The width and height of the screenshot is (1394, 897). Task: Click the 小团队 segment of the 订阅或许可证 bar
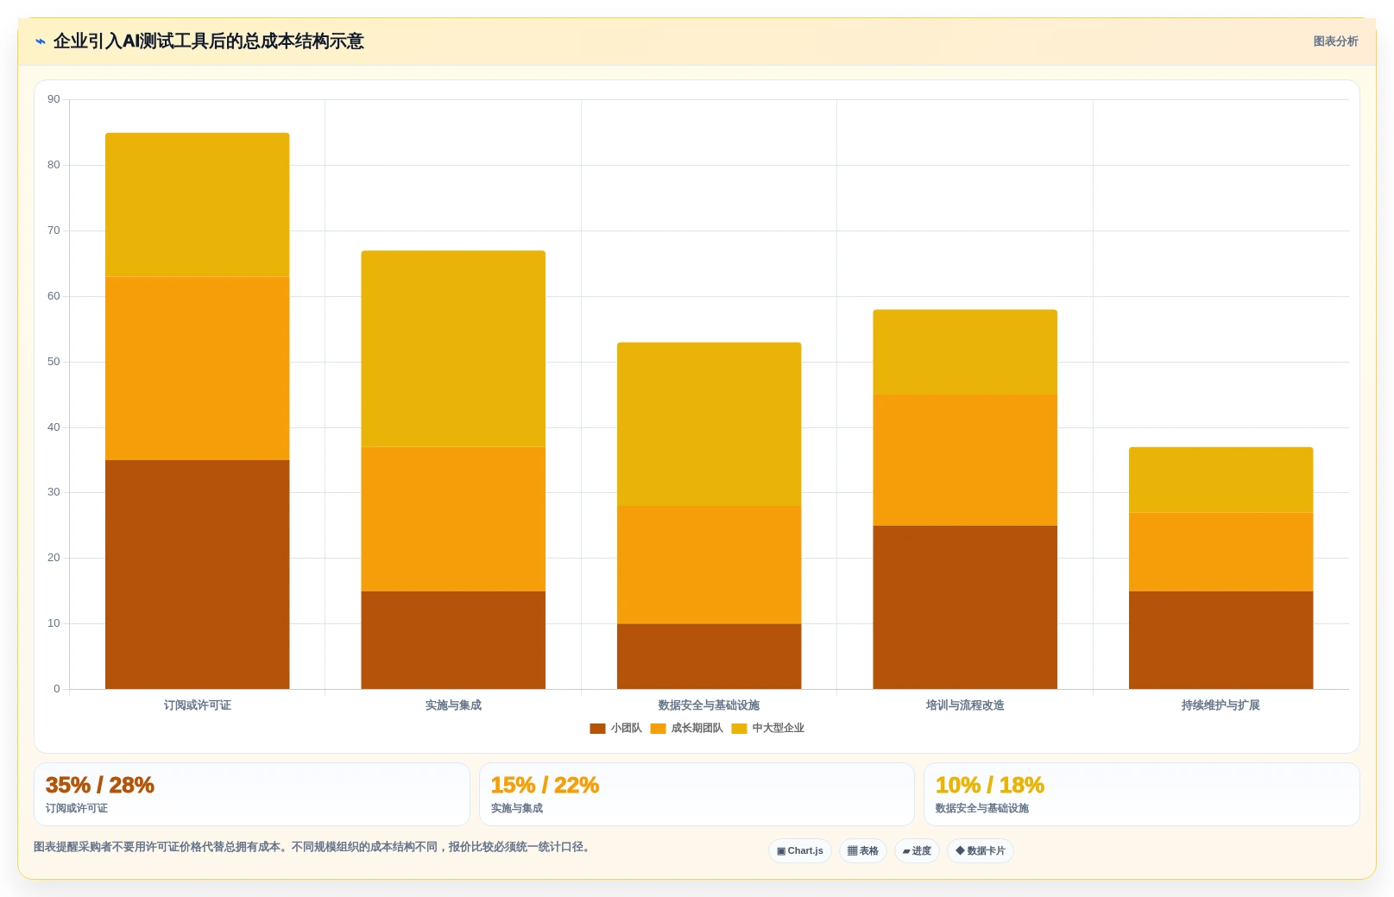[x=198, y=574]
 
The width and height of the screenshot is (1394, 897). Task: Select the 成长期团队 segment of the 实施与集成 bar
[x=453, y=519]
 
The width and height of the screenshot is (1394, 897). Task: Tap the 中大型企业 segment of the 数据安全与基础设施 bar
[x=709, y=424]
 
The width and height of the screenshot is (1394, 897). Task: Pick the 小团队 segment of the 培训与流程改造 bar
[x=965, y=607]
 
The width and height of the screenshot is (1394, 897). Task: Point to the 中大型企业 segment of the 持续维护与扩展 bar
[x=1221, y=480]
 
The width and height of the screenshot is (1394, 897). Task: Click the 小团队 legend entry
[x=615, y=729]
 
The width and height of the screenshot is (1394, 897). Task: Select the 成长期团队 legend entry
[x=686, y=729]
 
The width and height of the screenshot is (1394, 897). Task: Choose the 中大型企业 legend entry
[x=768, y=729]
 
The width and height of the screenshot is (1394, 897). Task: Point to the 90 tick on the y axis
[x=54, y=99]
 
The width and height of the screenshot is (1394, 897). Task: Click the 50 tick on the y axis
[x=54, y=362]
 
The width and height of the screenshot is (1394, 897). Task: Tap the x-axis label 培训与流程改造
[x=965, y=705]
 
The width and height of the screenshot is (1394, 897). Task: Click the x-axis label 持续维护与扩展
[x=1221, y=705]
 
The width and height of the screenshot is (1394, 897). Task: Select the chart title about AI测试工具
[x=209, y=41]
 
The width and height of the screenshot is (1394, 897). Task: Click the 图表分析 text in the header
[x=1335, y=41]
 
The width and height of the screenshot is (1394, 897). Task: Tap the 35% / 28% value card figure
[x=99, y=785]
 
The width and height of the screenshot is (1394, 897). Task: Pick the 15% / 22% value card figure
[x=545, y=785]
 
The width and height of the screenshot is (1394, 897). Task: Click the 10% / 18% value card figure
[x=989, y=785]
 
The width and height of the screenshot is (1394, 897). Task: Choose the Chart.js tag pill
[x=799, y=851]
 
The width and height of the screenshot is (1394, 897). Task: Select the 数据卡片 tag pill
[x=981, y=851]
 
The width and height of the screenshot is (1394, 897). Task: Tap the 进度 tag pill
[x=917, y=851]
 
